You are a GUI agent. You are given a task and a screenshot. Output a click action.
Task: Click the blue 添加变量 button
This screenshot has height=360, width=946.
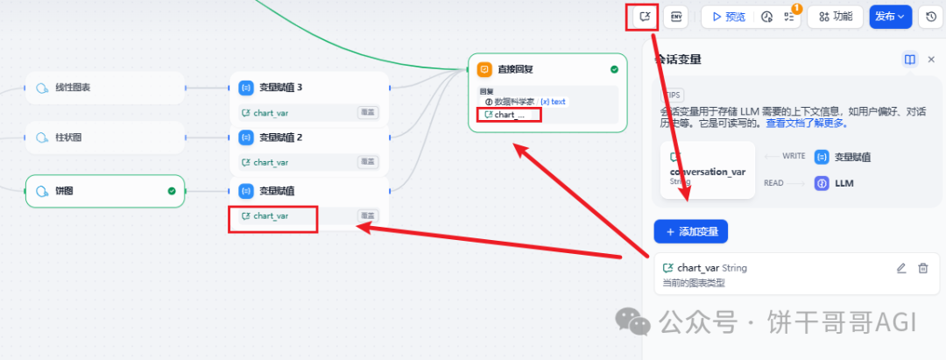pyautogui.click(x=691, y=231)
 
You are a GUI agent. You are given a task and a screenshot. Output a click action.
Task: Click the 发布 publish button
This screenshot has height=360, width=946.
pyautogui.click(x=891, y=16)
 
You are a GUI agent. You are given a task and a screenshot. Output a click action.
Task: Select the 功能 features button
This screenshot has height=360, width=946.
pyautogui.click(x=835, y=16)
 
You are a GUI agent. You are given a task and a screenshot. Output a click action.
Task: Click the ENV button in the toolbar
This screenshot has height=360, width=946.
pyautogui.click(x=675, y=16)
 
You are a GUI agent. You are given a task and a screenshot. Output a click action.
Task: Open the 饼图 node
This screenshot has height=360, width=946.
pyautogui.click(x=105, y=190)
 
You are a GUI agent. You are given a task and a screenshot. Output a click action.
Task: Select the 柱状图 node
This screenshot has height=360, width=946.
pyautogui.click(x=105, y=138)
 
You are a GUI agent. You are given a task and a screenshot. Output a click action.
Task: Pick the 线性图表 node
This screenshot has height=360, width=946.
pyautogui.click(x=105, y=88)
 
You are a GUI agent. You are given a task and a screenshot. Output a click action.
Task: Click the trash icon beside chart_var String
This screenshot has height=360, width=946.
pyautogui.click(x=922, y=268)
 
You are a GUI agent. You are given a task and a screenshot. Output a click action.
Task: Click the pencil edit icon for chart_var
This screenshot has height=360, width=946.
pyautogui.click(x=901, y=268)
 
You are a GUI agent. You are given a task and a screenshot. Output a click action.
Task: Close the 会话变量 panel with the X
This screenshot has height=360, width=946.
pyautogui.click(x=931, y=60)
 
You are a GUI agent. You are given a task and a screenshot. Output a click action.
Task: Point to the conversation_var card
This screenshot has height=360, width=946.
pyautogui.click(x=707, y=170)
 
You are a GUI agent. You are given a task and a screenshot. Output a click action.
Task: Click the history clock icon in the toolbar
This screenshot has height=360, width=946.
pyautogui.click(x=931, y=16)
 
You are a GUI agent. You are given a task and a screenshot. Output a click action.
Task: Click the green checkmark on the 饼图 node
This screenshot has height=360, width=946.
pyautogui.click(x=172, y=190)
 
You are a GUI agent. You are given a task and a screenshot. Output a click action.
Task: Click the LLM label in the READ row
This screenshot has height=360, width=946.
pyautogui.click(x=844, y=183)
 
